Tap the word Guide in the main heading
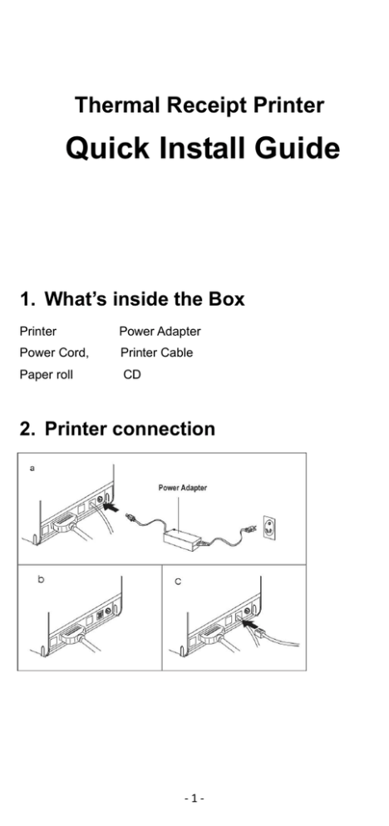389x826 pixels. (x=298, y=148)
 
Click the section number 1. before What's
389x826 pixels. (x=28, y=299)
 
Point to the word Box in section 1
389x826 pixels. (x=227, y=299)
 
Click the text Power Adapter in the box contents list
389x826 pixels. (x=160, y=332)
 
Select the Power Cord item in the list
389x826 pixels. (x=54, y=352)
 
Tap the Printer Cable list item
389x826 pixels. (x=156, y=352)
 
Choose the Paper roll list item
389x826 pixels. (x=47, y=375)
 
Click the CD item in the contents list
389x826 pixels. (x=132, y=375)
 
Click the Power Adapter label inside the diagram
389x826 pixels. (x=183, y=488)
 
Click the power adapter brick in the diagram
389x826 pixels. (x=182, y=537)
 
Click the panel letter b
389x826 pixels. (x=41, y=579)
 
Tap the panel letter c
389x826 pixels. (x=178, y=582)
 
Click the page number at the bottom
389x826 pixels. (x=194, y=799)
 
